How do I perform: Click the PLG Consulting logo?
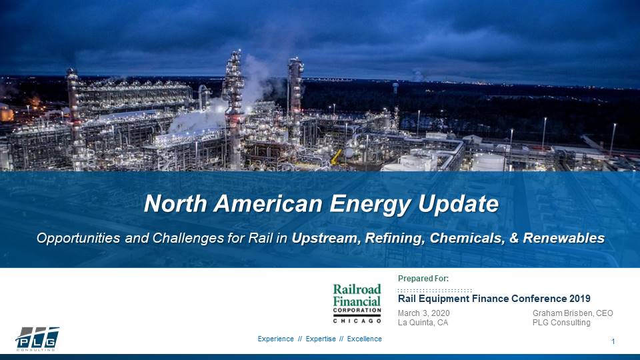point(37,339)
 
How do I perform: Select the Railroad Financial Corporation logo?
point(357,303)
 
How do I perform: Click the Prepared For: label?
point(423,278)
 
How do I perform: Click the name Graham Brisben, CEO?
point(573,313)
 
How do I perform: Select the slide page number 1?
point(613,342)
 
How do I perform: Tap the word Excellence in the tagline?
point(365,339)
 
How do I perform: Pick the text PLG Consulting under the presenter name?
point(561,323)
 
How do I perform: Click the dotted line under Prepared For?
point(435,291)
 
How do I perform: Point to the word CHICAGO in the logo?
point(357,321)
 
